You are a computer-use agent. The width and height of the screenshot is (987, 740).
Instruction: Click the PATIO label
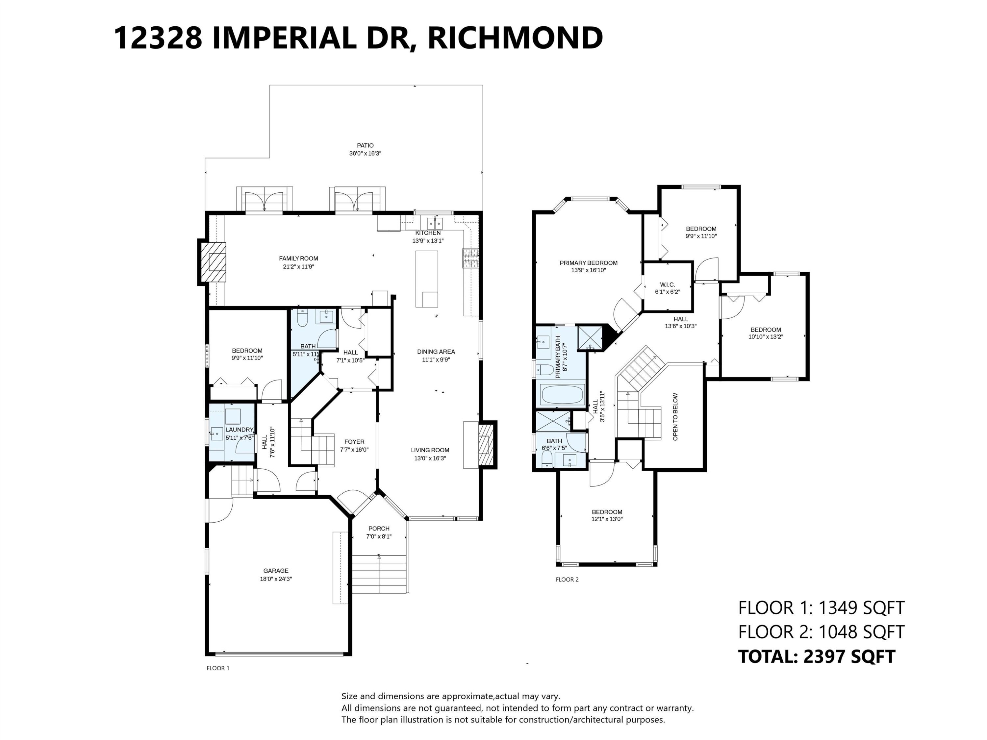click(x=365, y=145)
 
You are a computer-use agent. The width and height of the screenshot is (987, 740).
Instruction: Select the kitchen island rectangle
click(x=427, y=279)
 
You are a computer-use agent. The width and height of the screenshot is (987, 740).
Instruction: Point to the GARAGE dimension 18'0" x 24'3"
click(x=276, y=579)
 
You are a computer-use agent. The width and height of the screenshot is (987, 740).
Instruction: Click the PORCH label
click(x=378, y=529)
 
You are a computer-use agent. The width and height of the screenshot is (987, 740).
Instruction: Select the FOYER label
click(x=354, y=442)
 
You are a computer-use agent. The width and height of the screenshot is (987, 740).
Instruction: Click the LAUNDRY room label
click(x=240, y=430)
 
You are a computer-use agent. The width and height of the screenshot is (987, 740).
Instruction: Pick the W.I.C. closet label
click(x=668, y=284)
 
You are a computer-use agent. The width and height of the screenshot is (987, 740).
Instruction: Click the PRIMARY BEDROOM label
click(x=589, y=263)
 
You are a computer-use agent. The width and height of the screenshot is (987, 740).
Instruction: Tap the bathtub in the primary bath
click(x=561, y=395)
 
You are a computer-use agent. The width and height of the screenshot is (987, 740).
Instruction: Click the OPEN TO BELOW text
click(x=675, y=417)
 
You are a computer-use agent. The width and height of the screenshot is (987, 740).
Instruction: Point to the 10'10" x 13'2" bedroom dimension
click(x=766, y=337)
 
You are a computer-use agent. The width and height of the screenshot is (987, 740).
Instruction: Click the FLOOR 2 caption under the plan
click(x=567, y=580)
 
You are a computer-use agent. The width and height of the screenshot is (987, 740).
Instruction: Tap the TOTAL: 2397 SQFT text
click(x=817, y=656)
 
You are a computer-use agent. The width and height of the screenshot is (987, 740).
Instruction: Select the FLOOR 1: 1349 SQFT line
click(x=821, y=607)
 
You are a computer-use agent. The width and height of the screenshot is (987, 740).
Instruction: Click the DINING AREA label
click(x=436, y=352)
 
